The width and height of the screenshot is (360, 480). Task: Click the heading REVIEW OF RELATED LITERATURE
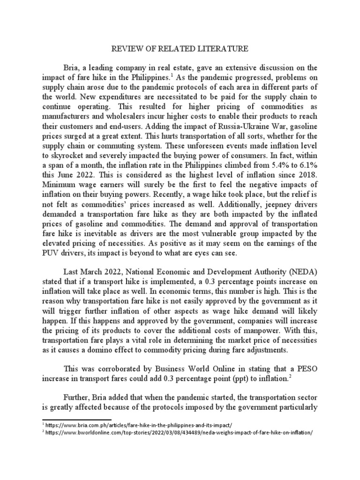point(180,48)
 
